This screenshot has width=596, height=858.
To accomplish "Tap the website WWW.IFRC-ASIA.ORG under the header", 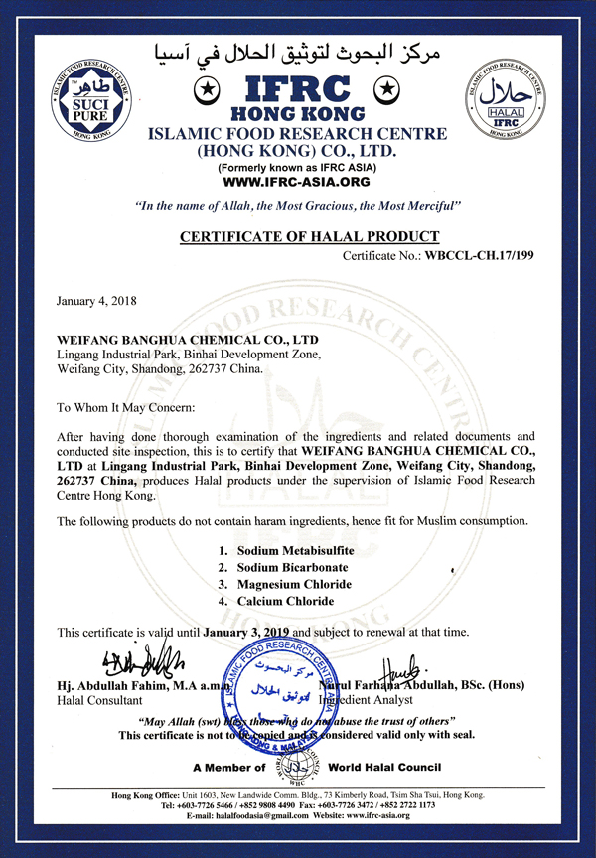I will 298,183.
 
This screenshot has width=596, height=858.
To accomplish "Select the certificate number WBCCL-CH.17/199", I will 481,256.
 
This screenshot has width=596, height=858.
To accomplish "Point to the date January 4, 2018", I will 97,300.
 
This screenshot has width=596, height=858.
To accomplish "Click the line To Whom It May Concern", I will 125,407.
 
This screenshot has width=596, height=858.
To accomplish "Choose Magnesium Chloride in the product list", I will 295,584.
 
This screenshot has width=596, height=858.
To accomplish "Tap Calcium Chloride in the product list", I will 285,601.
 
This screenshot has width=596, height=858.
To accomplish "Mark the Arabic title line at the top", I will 298,52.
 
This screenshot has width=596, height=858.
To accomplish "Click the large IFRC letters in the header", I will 298,88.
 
